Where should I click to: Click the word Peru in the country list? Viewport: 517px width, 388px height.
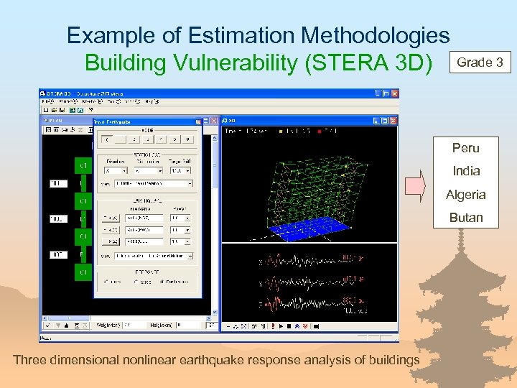[465, 148]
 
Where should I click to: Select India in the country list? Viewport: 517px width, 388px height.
[465, 171]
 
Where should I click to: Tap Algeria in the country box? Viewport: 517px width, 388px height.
[465, 194]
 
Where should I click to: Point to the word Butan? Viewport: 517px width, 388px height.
[465, 217]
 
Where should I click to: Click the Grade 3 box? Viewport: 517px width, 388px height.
[480, 63]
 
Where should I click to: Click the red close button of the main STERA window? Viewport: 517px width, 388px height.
[393, 93]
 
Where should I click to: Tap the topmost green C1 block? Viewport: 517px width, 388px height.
[83, 166]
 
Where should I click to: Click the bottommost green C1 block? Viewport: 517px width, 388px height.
[83, 272]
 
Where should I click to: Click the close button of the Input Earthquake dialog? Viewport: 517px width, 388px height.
[213, 121]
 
